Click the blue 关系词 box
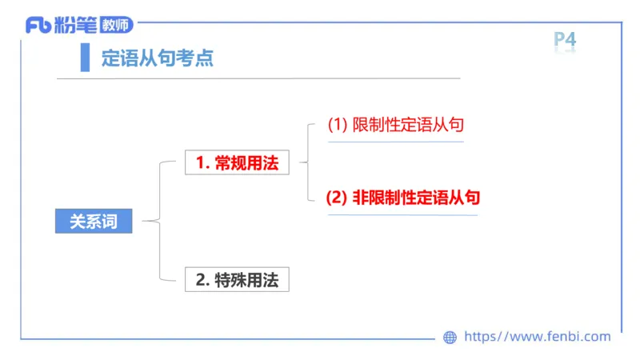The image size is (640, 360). [x=93, y=222]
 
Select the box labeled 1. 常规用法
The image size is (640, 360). [x=237, y=163]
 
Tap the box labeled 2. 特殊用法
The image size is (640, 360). [x=237, y=279]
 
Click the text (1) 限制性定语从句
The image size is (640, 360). [x=396, y=125]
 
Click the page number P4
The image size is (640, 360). [x=565, y=40]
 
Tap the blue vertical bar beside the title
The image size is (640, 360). [x=85, y=58]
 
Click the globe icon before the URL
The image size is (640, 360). [x=450, y=338]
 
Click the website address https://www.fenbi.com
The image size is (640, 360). [x=538, y=337]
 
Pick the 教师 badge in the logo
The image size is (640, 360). [x=115, y=25]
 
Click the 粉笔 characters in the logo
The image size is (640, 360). [x=75, y=25]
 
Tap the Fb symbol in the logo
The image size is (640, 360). [x=38, y=26]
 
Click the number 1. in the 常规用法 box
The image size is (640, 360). [x=202, y=163]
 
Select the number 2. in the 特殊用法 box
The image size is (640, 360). [x=202, y=279]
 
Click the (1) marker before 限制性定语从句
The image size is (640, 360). [x=338, y=125]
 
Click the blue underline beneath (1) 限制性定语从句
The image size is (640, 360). [x=396, y=142]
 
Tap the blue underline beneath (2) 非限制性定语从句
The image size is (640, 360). [x=402, y=214]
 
